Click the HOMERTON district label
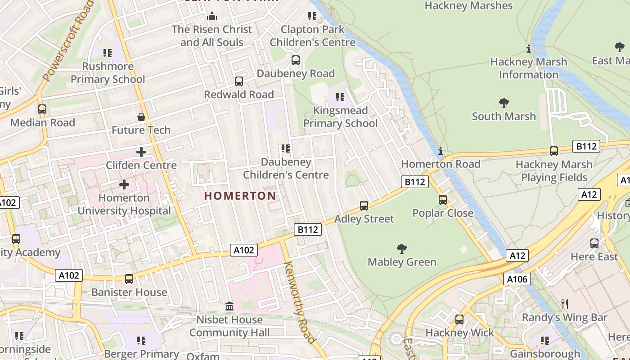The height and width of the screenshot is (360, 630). (240, 196)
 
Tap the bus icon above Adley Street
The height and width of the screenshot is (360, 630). (364, 206)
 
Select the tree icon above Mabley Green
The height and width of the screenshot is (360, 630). (402, 248)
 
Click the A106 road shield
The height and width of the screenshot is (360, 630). (517, 279)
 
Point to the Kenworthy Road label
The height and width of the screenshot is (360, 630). (300, 302)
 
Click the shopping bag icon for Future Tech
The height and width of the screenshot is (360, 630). (141, 117)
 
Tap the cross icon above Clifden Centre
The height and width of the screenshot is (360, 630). (141, 152)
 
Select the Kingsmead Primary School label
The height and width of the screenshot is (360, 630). (340, 117)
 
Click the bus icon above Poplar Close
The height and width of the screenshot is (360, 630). (443, 199)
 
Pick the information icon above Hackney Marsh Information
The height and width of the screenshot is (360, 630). (529, 49)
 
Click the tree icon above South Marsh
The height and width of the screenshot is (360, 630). (504, 103)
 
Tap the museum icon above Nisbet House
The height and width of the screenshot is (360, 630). (229, 306)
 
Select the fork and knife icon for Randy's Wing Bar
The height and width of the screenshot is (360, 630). (565, 304)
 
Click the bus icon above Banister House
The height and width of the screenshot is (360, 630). (129, 279)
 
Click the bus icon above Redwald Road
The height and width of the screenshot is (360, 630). (239, 81)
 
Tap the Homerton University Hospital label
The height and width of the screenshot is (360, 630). (124, 204)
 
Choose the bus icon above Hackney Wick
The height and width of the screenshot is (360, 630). (459, 319)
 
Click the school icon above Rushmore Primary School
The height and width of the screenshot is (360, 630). (108, 53)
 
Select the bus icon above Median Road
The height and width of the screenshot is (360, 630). (42, 109)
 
